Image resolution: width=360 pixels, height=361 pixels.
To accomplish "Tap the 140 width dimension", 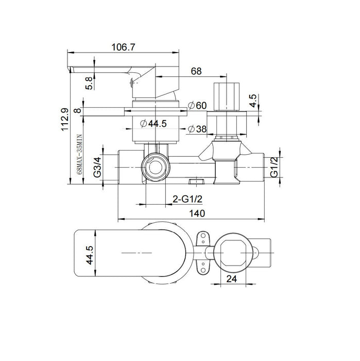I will coord(197,212).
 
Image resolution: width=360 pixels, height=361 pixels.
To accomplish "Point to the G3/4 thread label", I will coord(97,167).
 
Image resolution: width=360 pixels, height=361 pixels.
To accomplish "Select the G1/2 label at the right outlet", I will coord(274,167).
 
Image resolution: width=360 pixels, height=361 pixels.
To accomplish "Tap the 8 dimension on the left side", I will coord(77,110).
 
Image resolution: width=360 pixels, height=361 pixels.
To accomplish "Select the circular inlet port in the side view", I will coord(153,168).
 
